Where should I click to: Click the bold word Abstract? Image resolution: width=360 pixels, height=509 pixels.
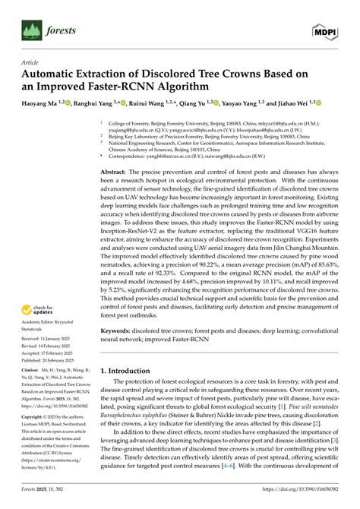115,174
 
